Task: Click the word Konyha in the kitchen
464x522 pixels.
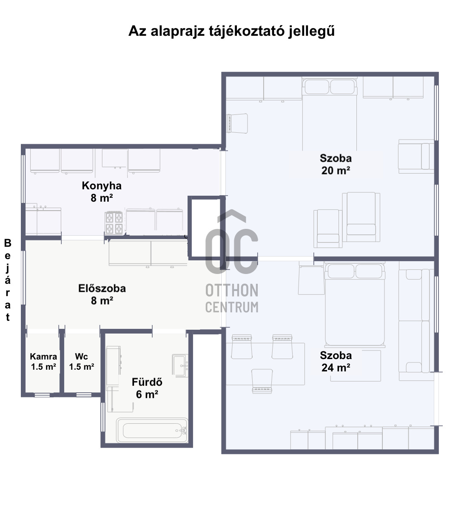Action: click(x=102, y=185)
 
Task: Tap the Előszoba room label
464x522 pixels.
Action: click(x=102, y=288)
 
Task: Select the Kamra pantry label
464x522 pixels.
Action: click(x=43, y=357)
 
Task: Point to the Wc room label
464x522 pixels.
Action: click(x=81, y=357)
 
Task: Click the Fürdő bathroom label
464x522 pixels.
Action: click(x=147, y=382)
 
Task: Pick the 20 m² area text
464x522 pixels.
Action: click(x=336, y=171)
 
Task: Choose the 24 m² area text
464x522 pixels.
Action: click(x=336, y=368)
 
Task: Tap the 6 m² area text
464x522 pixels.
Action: click(x=147, y=394)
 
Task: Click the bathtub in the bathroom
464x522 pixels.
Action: click(x=152, y=430)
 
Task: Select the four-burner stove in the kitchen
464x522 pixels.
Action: click(x=114, y=223)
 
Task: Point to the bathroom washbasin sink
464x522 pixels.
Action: click(x=180, y=366)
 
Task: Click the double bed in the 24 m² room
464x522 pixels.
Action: click(x=355, y=305)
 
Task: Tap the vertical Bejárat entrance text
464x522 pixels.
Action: click(x=8, y=280)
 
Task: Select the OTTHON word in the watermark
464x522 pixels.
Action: click(x=232, y=291)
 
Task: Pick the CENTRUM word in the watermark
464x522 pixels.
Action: click(x=232, y=307)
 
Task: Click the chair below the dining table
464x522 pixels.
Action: click(x=262, y=381)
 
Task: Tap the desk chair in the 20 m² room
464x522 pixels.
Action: click(x=237, y=123)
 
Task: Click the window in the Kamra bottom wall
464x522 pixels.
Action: click(x=42, y=395)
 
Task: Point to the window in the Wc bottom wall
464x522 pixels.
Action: click(x=84, y=395)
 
